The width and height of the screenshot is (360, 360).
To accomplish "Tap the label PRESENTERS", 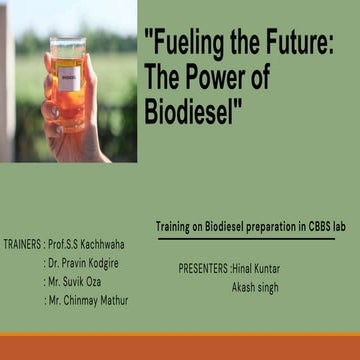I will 203,269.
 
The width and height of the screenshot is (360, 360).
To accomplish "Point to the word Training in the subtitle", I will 176,227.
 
